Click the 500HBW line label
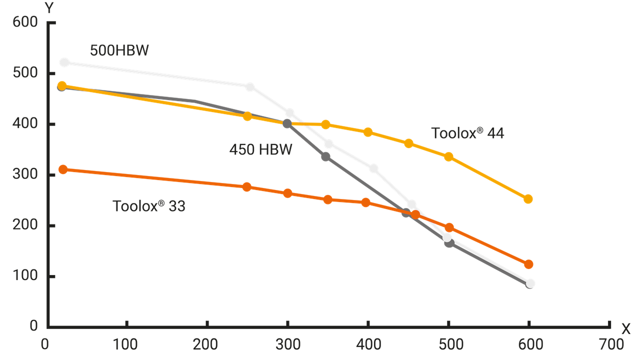pyautogui.click(x=119, y=51)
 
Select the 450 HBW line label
pyautogui.click(x=260, y=149)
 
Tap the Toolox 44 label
pyautogui.click(x=468, y=133)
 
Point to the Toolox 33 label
pyautogui.click(x=149, y=206)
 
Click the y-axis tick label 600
pyautogui.click(x=27, y=22)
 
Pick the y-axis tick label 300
pyautogui.click(x=27, y=175)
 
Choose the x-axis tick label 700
pyautogui.click(x=611, y=345)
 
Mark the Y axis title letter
pyautogui.click(x=49, y=7)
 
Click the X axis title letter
pyautogui.click(x=626, y=328)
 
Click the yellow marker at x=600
pyautogui.click(x=528, y=199)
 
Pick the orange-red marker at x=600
pyautogui.click(x=528, y=264)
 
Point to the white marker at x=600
pyautogui.click(x=530, y=283)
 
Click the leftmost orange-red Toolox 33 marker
pyautogui.click(x=63, y=169)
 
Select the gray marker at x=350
pyautogui.click(x=326, y=157)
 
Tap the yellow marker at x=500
pyautogui.click(x=449, y=157)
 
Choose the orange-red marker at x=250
pyautogui.click(x=247, y=187)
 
